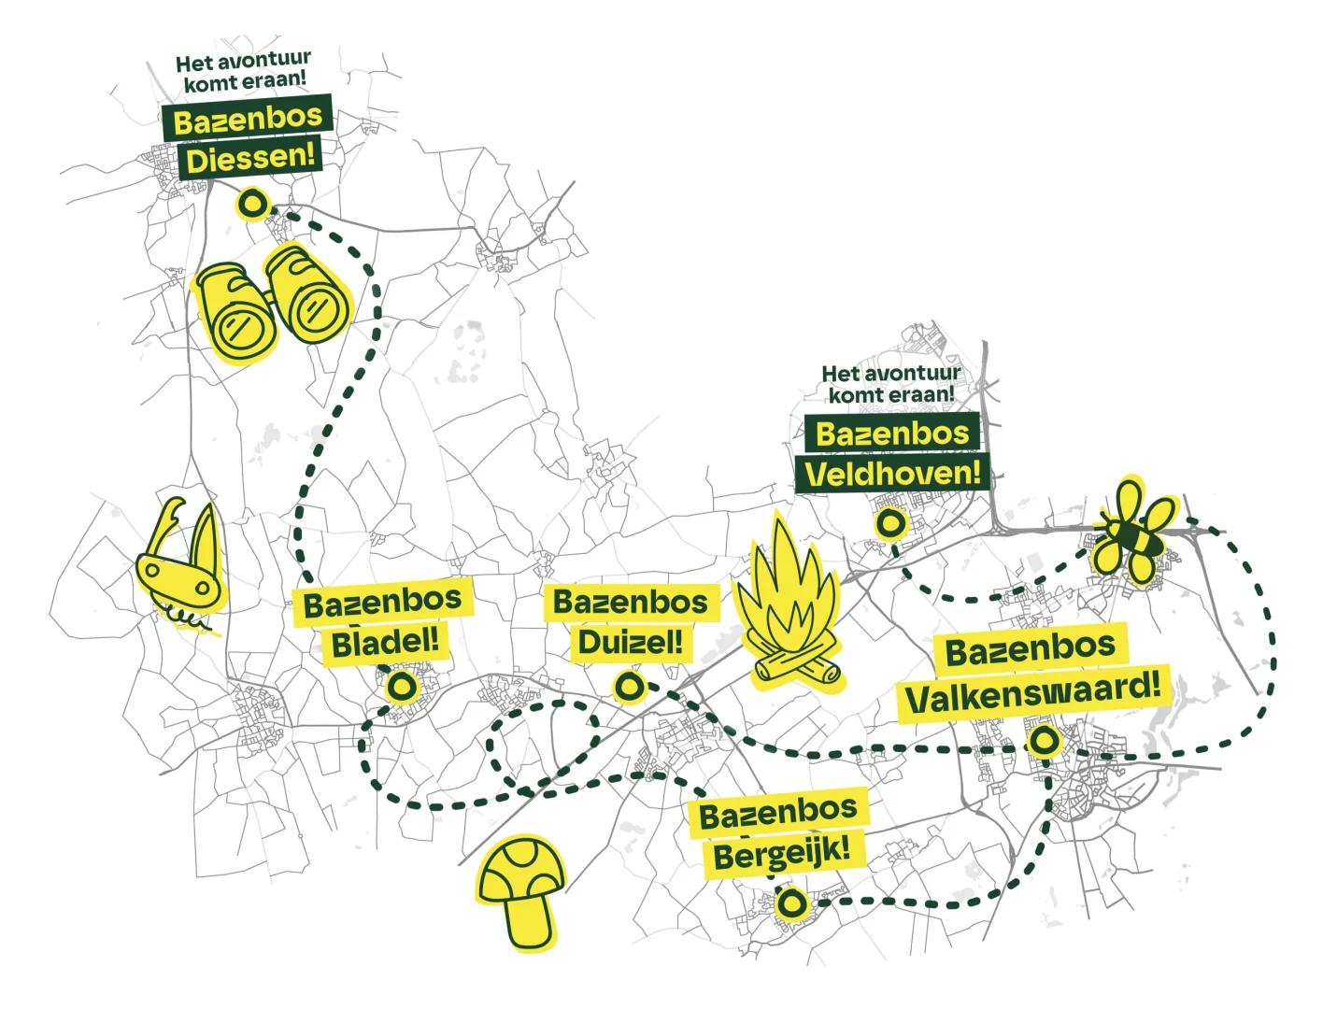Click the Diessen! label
click(x=249, y=158)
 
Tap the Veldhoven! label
click(x=891, y=473)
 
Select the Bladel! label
click(x=384, y=642)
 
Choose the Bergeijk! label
click(x=781, y=852)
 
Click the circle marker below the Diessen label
click(x=252, y=204)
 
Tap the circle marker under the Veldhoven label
click(x=889, y=523)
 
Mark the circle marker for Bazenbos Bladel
click(x=402, y=688)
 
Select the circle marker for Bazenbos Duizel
click(x=629, y=687)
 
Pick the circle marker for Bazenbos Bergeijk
click(x=790, y=903)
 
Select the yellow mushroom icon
click(x=519, y=893)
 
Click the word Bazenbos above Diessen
click(x=248, y=119)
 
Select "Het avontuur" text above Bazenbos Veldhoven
click(x=891, y=373)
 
